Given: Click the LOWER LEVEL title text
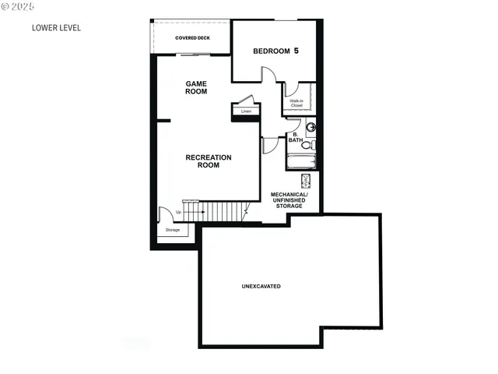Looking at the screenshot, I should tap(56, 28).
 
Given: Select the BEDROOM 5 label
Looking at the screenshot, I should tap(275, 52).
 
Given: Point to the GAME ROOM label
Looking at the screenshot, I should tap(196, 87).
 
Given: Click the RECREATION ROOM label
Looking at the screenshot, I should tap(209, 161).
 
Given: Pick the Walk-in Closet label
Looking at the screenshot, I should tap(296, 103).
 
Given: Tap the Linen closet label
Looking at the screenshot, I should tap(246, 111).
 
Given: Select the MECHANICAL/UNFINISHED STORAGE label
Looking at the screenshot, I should tap(288, 200).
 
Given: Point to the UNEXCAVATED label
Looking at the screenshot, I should tap(261, 287).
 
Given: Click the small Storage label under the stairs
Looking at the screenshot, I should tap(172, 230).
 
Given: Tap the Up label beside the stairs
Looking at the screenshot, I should tap(179, 212).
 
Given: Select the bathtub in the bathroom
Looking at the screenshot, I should tap(301, 163).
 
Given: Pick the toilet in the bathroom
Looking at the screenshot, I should tap(307, 144).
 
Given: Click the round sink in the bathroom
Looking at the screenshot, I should tap(310, 127).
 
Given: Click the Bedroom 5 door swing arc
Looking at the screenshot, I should tap(268, 76).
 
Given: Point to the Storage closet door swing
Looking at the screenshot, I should tap(165, 214).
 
